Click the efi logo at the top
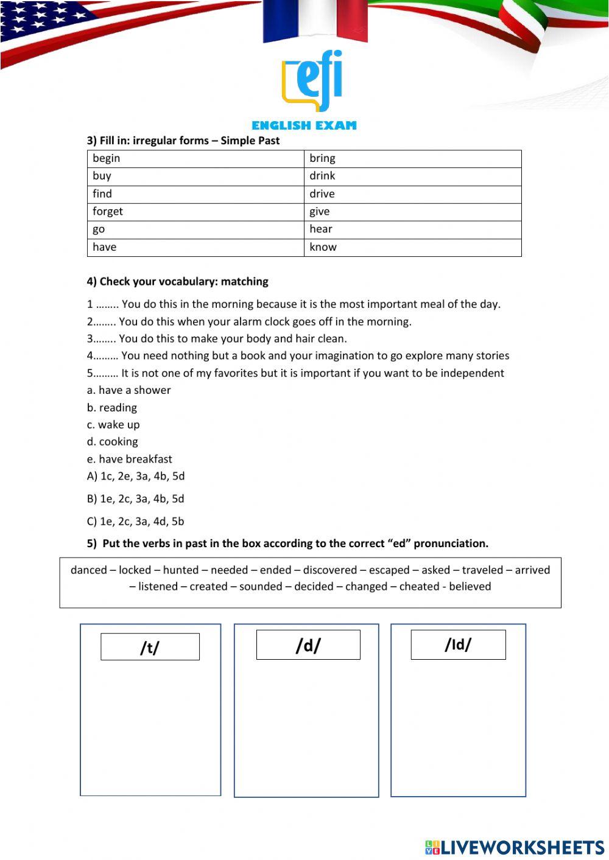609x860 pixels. [312, 81]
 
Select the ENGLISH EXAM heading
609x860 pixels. [304, 125]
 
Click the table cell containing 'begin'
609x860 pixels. [195, 158]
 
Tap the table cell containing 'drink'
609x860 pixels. [412, 176]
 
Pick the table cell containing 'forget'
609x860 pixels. [195, 211]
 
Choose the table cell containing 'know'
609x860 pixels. [412, 247]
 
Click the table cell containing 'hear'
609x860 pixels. [412, 229]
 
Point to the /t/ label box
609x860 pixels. [150, 647]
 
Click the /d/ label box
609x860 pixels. [308, 645]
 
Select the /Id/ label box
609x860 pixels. [458, 645]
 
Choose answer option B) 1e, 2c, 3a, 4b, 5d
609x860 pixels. [135, 498]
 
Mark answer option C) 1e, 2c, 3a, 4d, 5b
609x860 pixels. [135, 521]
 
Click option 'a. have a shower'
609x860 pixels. [128, 390]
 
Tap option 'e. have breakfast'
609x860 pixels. [129, 459]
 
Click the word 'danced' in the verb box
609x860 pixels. [88, 570]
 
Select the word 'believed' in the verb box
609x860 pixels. [470, 587]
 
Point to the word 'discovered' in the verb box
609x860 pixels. [329, 570]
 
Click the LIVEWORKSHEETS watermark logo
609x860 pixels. [515, 847]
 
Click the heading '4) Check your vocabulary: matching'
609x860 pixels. [177, 281]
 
